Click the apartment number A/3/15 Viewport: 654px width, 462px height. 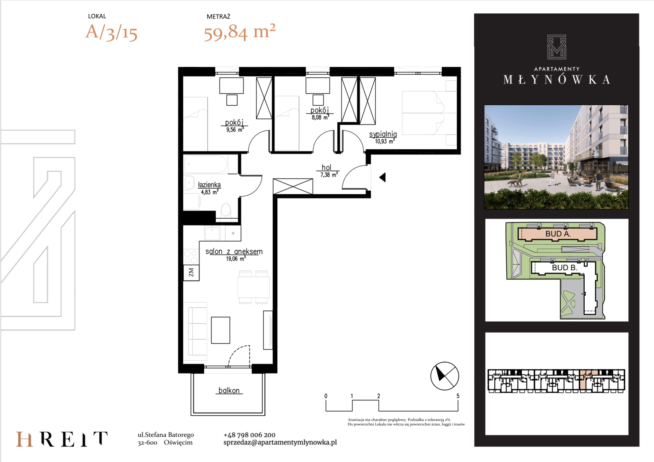pos(111,32)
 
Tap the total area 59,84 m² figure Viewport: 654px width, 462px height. pos(239,32)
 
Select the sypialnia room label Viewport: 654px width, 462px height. pos(383,134)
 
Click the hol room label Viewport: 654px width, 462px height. pos(327,167)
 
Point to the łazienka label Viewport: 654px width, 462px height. pos(209,185)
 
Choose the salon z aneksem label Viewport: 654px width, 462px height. pos(234,251)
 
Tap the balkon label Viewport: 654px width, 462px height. pos(229,391)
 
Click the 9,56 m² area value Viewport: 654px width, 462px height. pos(235,130)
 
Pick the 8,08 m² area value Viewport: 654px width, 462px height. pos(320,117)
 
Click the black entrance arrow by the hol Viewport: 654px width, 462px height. pos(383,177)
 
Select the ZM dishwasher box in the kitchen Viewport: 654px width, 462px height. pos(191,272)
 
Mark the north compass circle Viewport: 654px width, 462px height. pos(445,376)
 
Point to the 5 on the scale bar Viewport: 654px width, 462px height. pos(458,396)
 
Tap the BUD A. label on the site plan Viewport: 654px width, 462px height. pos(558,234)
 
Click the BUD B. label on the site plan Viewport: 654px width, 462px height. pos(565,268)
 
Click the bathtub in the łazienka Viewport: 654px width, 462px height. pos(206,164)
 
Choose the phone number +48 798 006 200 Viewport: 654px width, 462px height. pos(250,435)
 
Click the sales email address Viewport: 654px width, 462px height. pos(280,442)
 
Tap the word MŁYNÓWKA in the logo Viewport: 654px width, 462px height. pos(557,80)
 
